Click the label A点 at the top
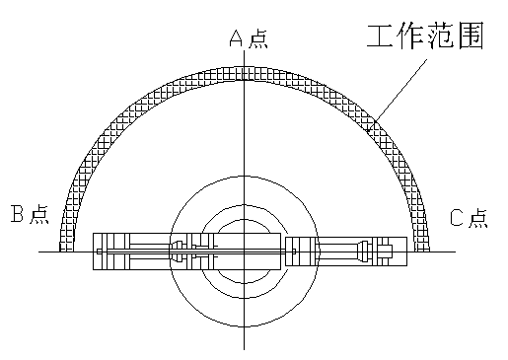[248, 38]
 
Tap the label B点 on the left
[30, 213]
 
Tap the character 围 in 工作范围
[472, 37]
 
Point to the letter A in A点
[237, 38]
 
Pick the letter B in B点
[18, 213]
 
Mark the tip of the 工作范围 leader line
[369, 128]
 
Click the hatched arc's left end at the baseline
[67, 251]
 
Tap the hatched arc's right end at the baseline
[422, 251]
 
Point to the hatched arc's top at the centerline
[244, 74]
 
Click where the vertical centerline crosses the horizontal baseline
[244, 252]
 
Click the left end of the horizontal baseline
[39, 252]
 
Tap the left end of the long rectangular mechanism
[93, 251]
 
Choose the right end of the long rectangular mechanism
[406, 251]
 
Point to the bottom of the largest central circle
[244, 328]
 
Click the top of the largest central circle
[244, 178]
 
